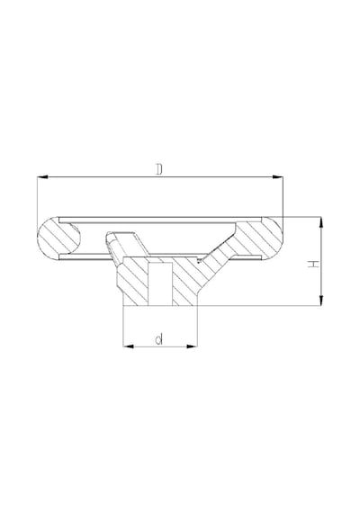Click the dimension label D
click(x=159, y=169)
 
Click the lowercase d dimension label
click(x=159, y=339)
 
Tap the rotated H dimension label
click(x=313, y=264)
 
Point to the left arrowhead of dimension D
click(x=42, y=177)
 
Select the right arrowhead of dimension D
click(x=277, y=177)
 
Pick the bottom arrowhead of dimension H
click(x=321, y=300)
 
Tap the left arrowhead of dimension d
click(x=129, y=346)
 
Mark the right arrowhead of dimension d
click(x=192, y=346)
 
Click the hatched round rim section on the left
click(x=58, y=238)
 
